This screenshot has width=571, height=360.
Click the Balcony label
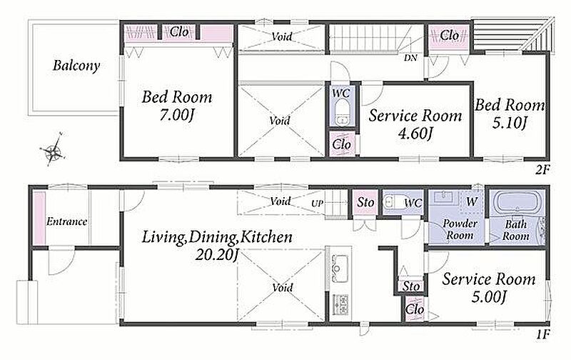pos(76,66)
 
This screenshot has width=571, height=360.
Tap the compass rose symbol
pos(53,149)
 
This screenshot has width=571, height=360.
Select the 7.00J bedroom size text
pos(176,116)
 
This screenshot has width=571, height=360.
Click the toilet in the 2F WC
pos(342,113)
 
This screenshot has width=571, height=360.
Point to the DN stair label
pos(410,58)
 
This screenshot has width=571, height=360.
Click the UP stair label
pos(317,204)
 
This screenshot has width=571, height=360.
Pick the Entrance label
pos(66,221)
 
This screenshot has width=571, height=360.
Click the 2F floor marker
pos(542,170)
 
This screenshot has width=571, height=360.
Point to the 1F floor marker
pos(542,334)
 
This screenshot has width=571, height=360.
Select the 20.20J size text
pos(216,255)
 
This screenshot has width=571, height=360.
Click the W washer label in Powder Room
pos(471,201)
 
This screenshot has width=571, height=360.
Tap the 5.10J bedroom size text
pos(509,123)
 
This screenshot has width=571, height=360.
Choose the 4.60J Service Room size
pos(415,134)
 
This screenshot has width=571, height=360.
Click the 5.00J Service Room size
pos(488,297)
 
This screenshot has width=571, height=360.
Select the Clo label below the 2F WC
pos(342,145)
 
